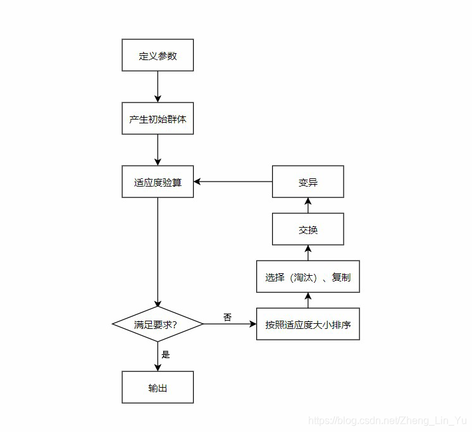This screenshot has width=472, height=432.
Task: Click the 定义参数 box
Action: pyautogui.click(x=158, y=56)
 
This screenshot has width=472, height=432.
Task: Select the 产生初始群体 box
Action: pyautogui.click(x=158, y=118)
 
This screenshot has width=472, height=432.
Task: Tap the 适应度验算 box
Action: pyautogui.click(x=158, y=182)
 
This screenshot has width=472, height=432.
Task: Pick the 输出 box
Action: pyautogui.click(x=158, y=387)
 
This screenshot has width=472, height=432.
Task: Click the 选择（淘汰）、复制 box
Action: pyautogui.click(x=307, y=276)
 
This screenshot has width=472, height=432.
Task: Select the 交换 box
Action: pyautogui.click(x=307, y=229)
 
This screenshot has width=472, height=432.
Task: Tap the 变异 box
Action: pyautogui.click(x=307, y=182)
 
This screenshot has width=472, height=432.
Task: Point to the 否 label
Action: pyautogui.click(x=227, y=316)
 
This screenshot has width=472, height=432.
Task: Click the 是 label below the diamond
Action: pyautogui.click(x=166, y=354)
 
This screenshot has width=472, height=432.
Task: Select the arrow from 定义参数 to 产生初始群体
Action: pyautogui.click(x=158, y=87)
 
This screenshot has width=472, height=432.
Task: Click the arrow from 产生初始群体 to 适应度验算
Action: pyautogui.click(x=158, y=150)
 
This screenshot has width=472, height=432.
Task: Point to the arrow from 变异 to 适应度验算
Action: pyautogui.click(x=233, y=182)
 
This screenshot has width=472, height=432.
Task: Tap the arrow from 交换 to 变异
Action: pyautogui.click(x=307, y=205)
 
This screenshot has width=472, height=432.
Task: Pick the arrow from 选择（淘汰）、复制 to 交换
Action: pyautogui.click(x=307, y=252)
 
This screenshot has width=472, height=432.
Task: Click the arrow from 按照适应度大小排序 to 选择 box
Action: pyautogui.click(x=307, y=300)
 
